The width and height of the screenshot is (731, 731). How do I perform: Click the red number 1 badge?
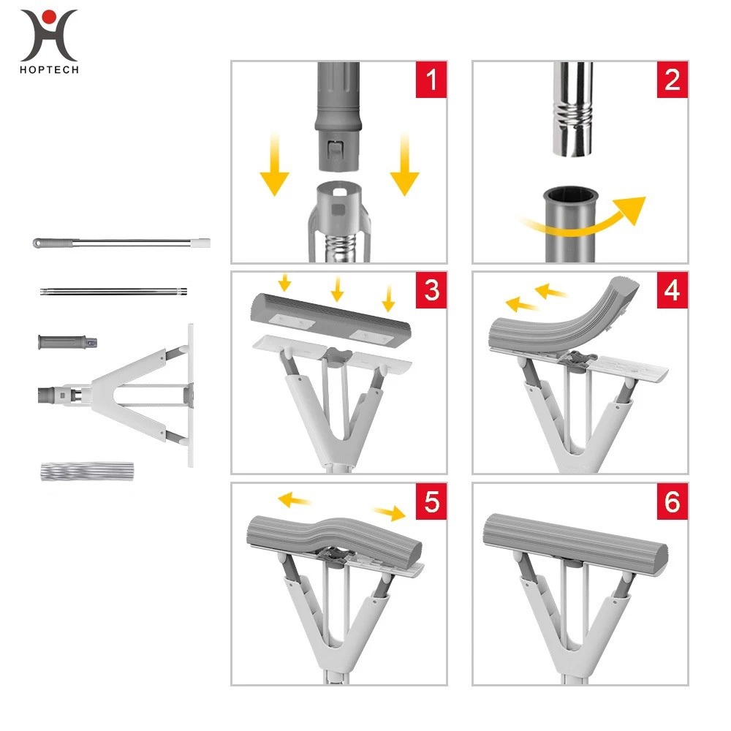tap(431, 79)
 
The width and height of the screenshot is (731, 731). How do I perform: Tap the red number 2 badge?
tap(673, 79)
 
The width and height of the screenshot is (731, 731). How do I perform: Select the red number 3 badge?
tap(431, 290)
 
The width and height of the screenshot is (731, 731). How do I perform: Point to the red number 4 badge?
tap(673, 290)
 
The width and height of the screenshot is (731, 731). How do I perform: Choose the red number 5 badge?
tap(431, 501)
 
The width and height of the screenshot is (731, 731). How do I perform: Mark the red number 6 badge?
tap(673, 501)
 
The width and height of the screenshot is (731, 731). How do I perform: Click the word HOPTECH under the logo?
tap(49, 70)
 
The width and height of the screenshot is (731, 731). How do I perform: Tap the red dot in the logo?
tap(49, 18)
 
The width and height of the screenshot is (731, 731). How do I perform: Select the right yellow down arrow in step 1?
tap(405, 164)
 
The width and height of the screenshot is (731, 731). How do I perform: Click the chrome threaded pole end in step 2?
tap(573, 110)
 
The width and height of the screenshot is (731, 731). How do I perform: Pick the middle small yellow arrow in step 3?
tap(337, 289)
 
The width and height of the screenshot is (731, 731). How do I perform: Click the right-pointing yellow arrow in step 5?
tap(390, 513)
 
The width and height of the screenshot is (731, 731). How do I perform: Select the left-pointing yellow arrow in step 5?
tap(294, 500)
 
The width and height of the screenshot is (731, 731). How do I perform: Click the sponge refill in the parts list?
tap(87, 471)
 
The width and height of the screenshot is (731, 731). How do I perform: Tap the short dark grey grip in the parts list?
tap(67, 341)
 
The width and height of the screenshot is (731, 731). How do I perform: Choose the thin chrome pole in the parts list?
tap(114, 292)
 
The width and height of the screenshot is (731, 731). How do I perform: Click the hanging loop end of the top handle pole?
tap(37, 243)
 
